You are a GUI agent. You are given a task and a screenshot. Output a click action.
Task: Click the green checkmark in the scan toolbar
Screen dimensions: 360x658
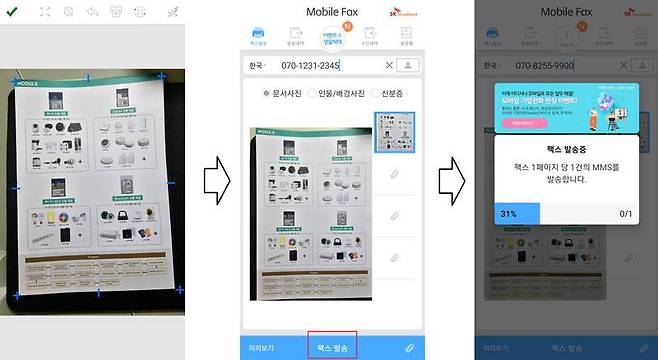[11, 12]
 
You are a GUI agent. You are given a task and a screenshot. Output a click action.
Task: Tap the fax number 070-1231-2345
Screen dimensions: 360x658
[310, 65]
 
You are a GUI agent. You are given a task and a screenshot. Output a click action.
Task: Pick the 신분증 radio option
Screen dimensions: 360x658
[395, 94]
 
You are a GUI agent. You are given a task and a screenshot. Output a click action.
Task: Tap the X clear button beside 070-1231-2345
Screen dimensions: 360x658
[389, 65]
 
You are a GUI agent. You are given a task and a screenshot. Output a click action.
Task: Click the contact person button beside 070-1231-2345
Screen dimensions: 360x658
[408, 65]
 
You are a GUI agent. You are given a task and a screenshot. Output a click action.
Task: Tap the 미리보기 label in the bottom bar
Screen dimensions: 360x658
[262, 347]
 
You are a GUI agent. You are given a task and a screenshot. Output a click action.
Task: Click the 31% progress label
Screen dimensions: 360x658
[508, 214]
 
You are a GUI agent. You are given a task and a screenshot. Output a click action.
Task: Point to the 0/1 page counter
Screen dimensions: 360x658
[626, 214]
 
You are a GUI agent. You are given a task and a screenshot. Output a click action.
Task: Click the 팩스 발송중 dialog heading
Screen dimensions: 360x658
[567, 146]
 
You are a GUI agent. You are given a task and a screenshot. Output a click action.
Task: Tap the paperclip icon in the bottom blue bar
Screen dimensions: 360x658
[407, 347]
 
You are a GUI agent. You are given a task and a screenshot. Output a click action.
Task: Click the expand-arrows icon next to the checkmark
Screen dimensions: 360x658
[45, 12]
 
